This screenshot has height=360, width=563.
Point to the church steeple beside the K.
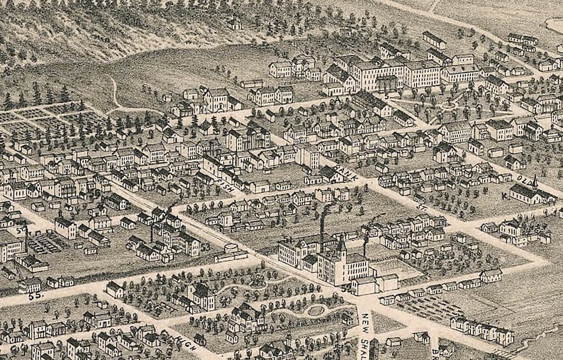tap(535, 180)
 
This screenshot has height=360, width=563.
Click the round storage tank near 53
tap(231, 249)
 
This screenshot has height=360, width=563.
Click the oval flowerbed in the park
tap(316, 310)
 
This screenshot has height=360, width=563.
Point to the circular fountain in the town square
tap(447, 106)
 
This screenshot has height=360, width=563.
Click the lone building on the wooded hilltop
tap(234, 24)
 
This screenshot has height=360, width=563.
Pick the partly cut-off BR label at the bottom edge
tap(434, 353)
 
